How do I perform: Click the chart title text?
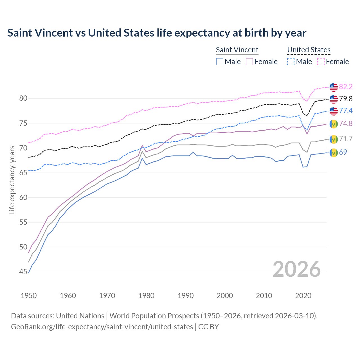157,33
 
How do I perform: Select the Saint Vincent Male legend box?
220,62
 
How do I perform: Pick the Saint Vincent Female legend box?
250,62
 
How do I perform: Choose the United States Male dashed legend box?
291,62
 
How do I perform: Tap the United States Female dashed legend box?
321,62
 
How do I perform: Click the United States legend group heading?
309,50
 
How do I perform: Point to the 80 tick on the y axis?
23,98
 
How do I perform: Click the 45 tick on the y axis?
23,272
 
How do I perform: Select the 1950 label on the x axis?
29,296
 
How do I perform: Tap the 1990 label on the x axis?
186,296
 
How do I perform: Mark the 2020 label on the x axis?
303,296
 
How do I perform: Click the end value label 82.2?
346,87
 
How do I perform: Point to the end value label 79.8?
346,99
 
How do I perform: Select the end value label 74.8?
346,123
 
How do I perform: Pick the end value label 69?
343,152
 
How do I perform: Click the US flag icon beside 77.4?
334,111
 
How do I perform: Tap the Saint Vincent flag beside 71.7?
334,139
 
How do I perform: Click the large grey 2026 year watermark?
297,269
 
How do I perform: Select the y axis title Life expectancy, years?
12,180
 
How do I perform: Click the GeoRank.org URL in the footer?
102,327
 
